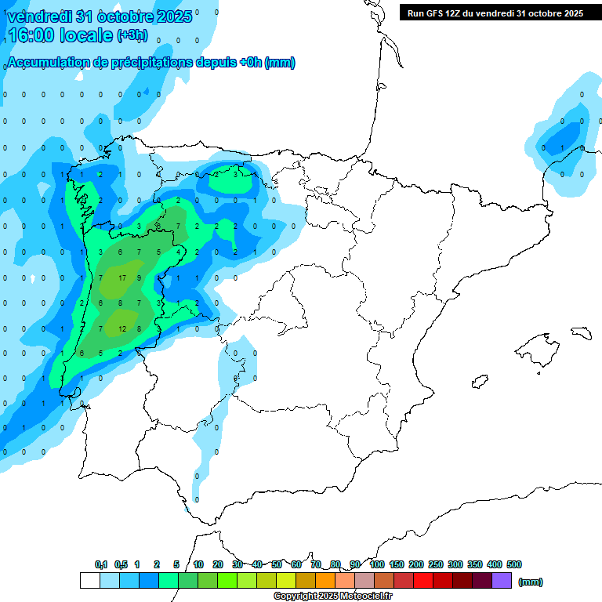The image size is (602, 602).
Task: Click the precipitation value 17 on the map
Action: (122, 278)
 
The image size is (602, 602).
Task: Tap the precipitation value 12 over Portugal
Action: (122, 328)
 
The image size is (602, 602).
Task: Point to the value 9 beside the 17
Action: (140, 278)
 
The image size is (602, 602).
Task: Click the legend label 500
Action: (514, 564)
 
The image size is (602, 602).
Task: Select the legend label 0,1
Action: (101, 564)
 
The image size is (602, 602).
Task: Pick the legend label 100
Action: (377, 564)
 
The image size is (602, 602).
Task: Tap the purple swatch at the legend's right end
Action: (502, 581)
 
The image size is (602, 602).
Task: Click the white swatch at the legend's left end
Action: (90, 581)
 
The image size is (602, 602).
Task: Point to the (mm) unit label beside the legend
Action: (531, 582)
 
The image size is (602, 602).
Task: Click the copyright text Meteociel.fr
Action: (333, 597)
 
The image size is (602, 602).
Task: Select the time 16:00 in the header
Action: (34, 35)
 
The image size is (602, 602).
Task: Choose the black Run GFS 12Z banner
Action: (495, 13)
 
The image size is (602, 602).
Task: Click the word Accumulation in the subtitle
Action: (46, 63)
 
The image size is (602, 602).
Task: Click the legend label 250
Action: (436, 564)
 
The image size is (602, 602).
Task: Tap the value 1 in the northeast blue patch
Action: (562, 147)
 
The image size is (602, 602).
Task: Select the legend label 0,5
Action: (121, 564)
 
